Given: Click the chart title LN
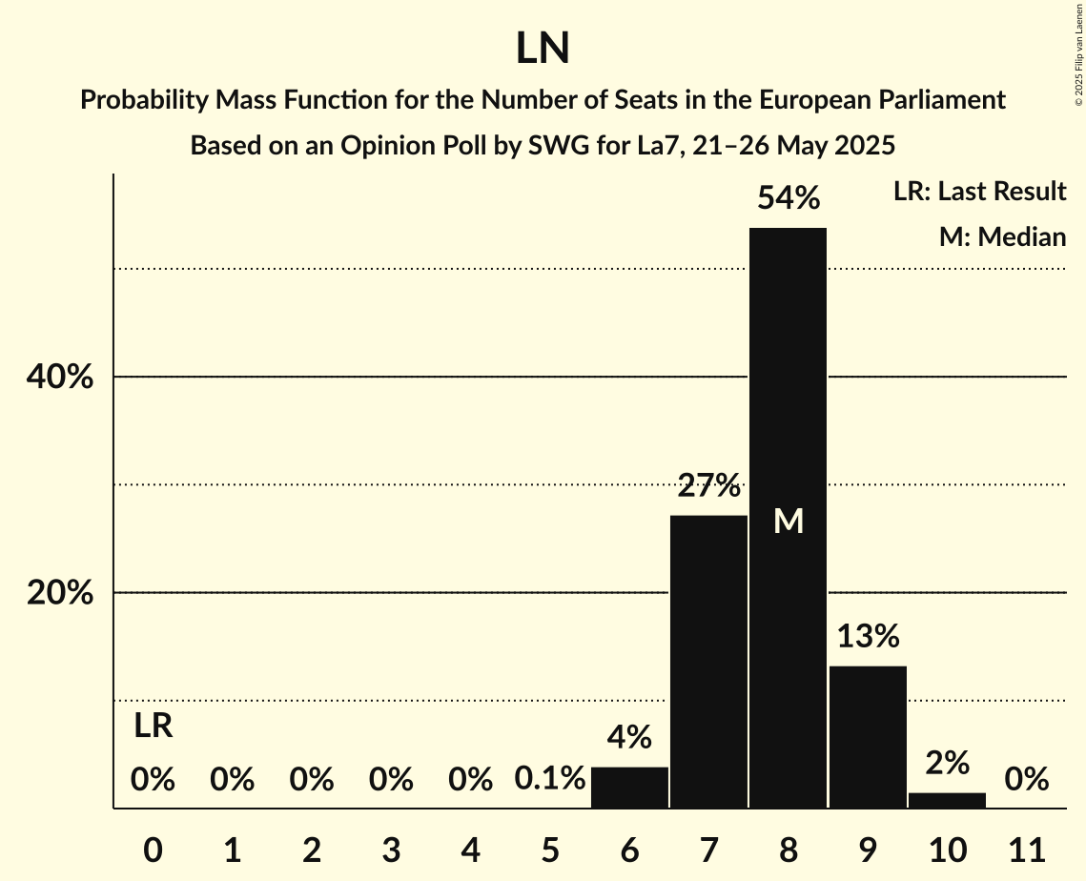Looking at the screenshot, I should click(x=543, y=49).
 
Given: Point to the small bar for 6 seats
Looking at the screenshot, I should click(x=629, y=788).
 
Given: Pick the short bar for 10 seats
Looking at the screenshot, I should click(x=947, y=800).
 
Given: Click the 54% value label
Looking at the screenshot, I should click(x=788, y=198).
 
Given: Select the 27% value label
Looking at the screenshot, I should click(x=708, y=486).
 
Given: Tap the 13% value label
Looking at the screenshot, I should click(x=868, y=636).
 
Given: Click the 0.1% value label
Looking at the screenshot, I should click(x=550, y=779).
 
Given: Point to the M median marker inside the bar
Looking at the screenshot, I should click(x=789, y=521).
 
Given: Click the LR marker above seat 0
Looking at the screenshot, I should click(x=153, y=727).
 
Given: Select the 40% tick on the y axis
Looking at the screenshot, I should click(x=59, y=378).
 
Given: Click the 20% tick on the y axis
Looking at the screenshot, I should click(x=59, y=593).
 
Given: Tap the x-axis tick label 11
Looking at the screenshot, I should click(x=1026, y=849).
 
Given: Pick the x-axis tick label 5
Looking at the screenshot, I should click(x=550, y=849).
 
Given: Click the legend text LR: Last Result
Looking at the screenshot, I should click(x=979, y=192).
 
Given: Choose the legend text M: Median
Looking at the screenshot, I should click(x=1002, y=236).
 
